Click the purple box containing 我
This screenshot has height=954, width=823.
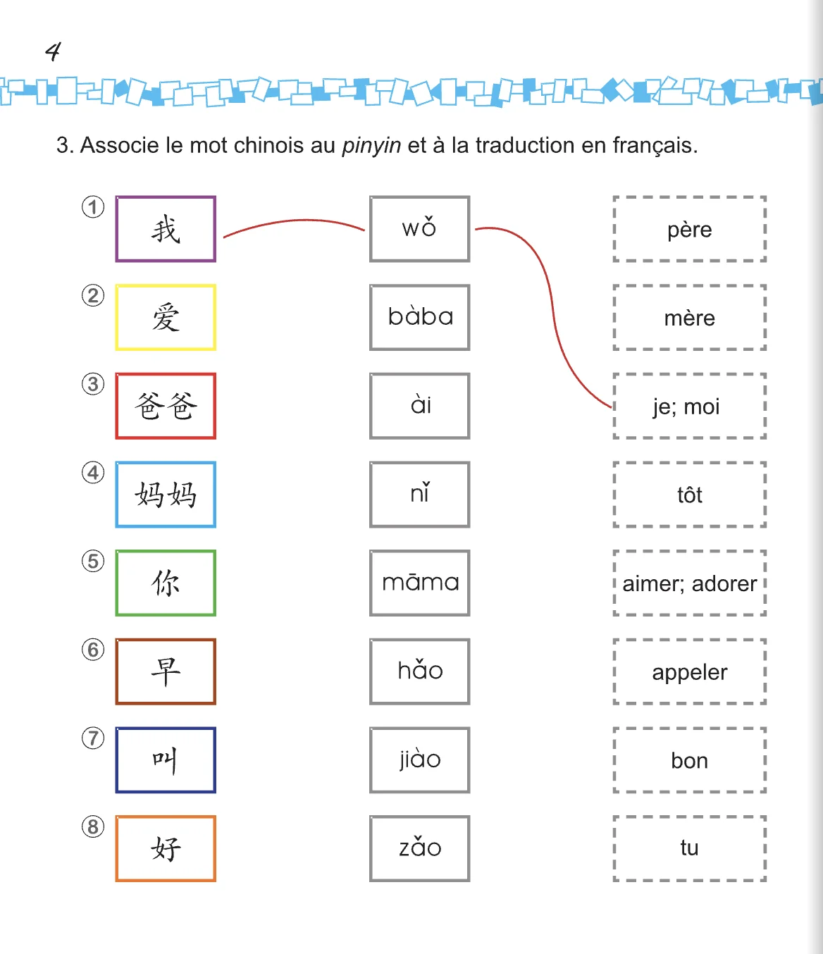click(166, 229)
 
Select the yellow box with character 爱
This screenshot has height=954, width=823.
click(166, 318)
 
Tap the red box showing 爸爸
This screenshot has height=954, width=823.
click(166, 406)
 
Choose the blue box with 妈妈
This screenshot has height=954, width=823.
click(166, 495)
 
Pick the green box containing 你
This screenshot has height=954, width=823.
click(166, 583)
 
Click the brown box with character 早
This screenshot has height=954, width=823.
click(166, 671)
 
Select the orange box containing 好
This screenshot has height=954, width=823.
click(166, 848)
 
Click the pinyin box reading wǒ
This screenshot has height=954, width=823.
click(419, 229)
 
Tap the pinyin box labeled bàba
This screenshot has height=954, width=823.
click(419, 318)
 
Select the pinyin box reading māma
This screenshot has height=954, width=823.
click(419, 583)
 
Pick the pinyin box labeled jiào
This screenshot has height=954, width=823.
click(419, 760)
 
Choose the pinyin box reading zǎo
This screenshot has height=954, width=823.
click(419, 848)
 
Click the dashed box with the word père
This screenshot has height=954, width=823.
click(689, 229)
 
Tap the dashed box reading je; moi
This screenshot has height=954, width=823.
click(689, 406)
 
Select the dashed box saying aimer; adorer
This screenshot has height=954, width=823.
click(689, 583)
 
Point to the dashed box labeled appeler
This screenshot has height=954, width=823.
click(689, 671)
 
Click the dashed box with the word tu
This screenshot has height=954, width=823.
click(689, 848)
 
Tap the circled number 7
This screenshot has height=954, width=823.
click(93, 738)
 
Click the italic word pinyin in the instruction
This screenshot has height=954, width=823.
click(371, 146)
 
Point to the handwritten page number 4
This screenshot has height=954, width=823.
click(53, 51)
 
